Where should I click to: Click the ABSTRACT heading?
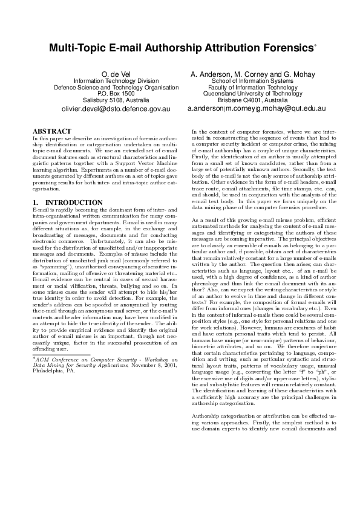[51, 131]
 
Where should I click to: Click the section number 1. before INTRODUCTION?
[35, 202]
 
